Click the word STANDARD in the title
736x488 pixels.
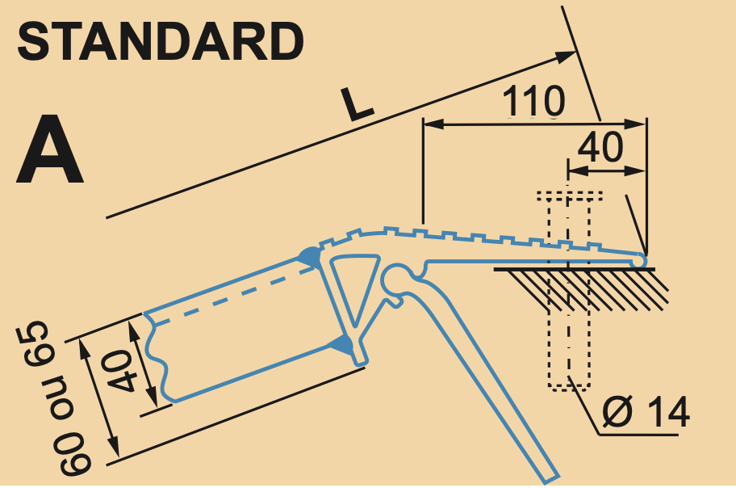click(161, 42)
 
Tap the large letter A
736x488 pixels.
click(50, 149)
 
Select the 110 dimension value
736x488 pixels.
click(533, 101)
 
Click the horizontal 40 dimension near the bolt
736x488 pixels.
click(600, 147)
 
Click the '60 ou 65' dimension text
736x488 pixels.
click(52, 398)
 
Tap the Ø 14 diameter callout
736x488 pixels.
click(646, 412)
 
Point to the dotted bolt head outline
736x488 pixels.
click(570, 196)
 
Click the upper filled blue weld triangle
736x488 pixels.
click(310, 257)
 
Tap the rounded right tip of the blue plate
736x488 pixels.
click(641, 260)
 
